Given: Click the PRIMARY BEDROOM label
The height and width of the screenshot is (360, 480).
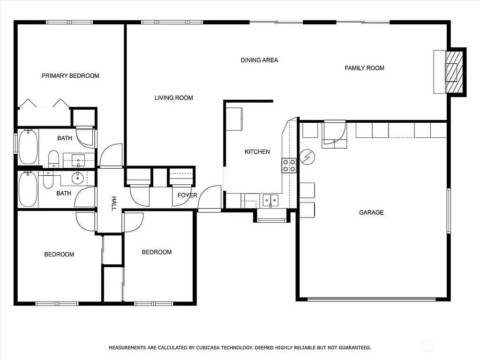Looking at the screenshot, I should tap(70, 75).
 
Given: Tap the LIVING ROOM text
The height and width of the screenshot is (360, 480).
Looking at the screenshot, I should tap(174, 98).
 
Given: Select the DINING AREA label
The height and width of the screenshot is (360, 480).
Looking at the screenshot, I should tap(259, 60).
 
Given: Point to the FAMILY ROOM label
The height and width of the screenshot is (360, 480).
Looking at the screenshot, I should tap(364, 68).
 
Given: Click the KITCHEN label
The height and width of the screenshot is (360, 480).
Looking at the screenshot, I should tap(257, 152).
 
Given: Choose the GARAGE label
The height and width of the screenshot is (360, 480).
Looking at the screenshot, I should tap(371, 212).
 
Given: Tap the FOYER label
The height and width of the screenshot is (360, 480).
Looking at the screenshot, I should tap(187, 195).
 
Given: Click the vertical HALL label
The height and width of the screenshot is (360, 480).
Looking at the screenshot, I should tap(113, 203).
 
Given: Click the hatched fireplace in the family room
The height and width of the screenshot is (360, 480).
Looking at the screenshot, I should tap(454, 72).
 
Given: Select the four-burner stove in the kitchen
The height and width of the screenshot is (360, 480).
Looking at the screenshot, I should tap(289, 165).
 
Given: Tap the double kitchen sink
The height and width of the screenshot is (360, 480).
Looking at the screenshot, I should tap(270, 200).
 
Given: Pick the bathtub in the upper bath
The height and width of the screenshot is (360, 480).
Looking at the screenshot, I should tap(28, 147).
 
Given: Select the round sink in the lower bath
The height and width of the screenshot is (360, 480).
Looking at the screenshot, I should tap(78, 178).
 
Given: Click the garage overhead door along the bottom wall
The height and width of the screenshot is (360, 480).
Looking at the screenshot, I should tap(371, 299).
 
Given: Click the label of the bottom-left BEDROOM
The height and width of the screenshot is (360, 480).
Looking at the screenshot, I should tap(59, 255).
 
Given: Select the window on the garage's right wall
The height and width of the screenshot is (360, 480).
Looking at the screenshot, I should tap(449, 210).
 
